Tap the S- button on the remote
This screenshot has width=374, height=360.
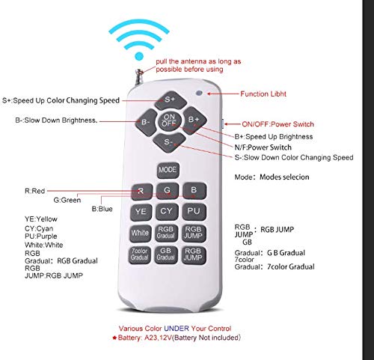(169, 142)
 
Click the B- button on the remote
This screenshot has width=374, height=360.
(147, 122)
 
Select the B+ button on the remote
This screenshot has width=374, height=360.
(194, 120)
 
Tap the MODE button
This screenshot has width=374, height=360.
(168, 171)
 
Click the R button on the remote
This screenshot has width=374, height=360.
(141, 192)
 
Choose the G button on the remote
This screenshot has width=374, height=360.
(168, 191)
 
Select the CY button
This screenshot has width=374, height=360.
(167, 212)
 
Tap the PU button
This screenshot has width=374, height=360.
(194, 212)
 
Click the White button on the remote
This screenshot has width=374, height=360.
(140, 234)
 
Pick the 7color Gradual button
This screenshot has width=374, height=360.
(140, 255)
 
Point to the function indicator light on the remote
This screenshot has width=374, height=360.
(199, 94)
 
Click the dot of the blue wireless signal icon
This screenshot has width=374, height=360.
(139, 56)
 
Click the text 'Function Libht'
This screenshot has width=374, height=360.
(263, 94)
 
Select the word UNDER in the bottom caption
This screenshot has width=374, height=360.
(177, 329)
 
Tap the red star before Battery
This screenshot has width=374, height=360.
(114, 338)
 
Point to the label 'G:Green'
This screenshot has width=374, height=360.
(67, 200)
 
